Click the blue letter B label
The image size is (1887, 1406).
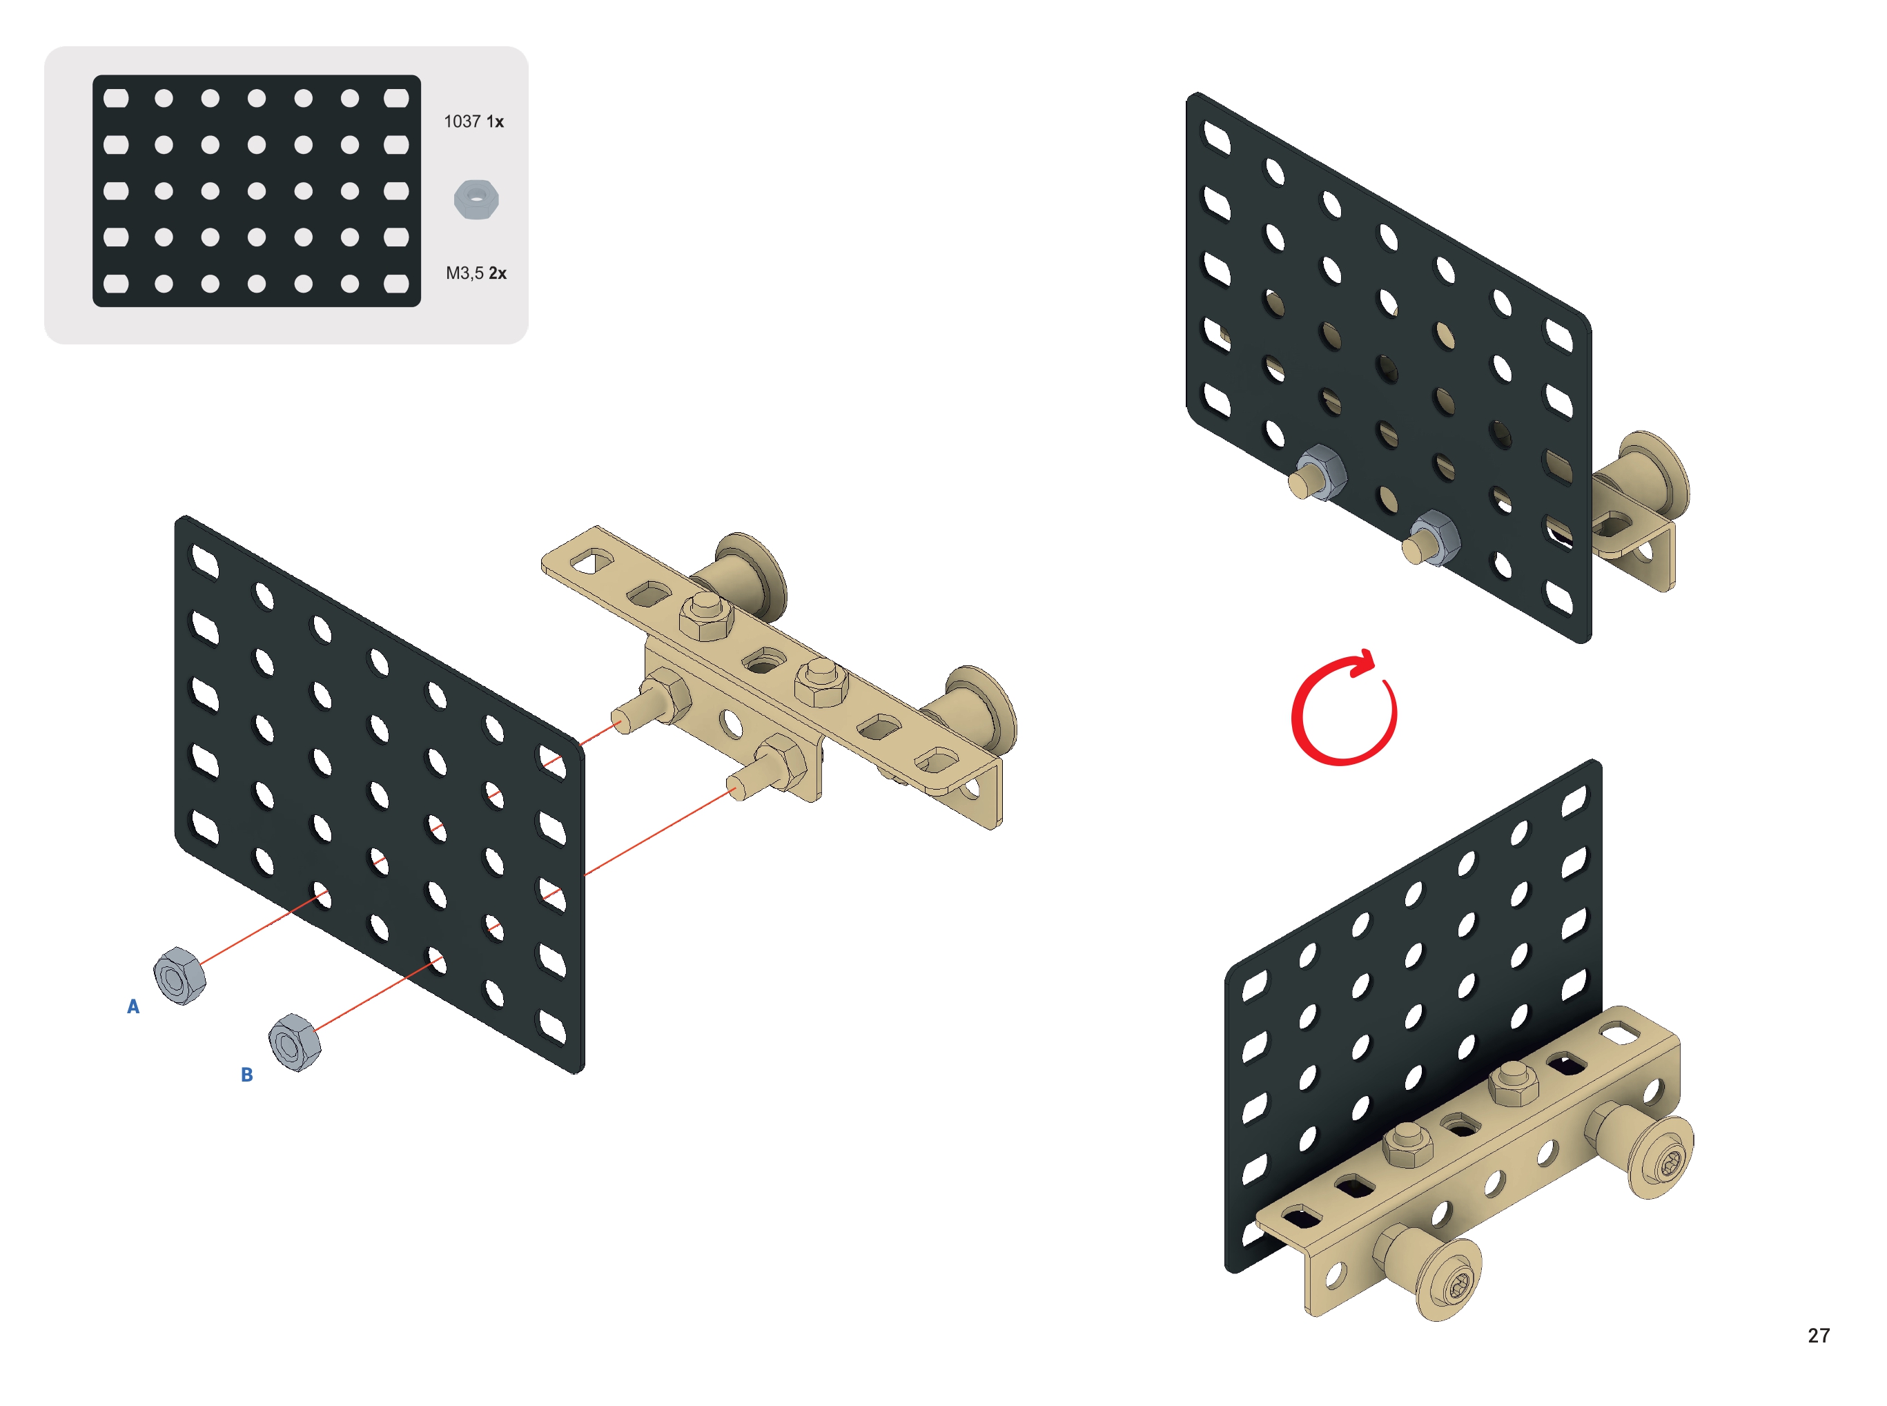point(247,1074)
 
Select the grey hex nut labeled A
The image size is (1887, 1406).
point(179,975)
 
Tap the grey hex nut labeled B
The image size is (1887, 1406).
point(295,1042)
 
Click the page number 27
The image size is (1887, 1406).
point(1818,1336)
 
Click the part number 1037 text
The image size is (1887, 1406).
point(462,121)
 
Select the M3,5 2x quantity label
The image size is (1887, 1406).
point(476,273)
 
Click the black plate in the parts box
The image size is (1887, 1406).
point(256,191)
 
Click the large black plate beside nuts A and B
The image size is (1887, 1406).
point(379,793)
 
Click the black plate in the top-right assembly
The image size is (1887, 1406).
point(1387,366)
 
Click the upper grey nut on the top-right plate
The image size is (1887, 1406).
point(1318,471)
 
